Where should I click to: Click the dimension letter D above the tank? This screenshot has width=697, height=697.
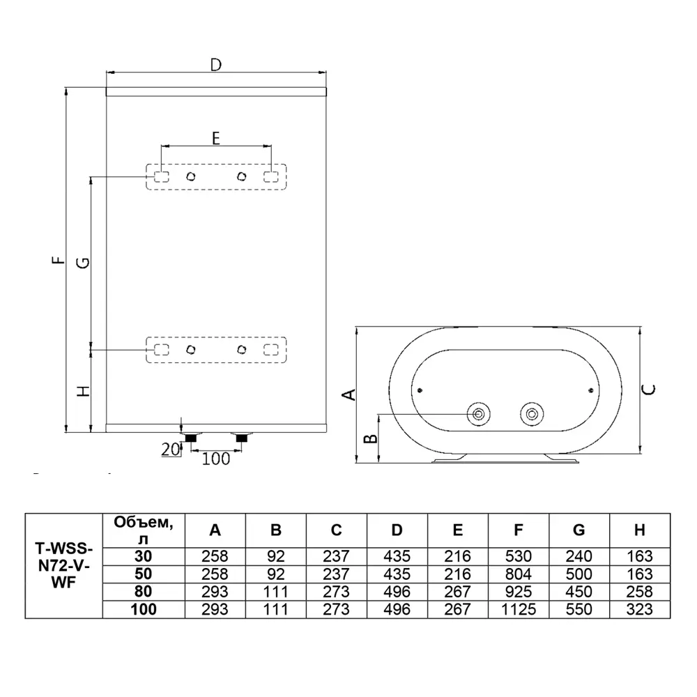pyautogui.click(x=215, y=65)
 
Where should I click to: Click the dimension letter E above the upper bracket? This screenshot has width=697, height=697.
pyautogui.click(x=216, y=138)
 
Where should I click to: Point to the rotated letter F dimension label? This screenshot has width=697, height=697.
pyautogui.click(x=59, y=260)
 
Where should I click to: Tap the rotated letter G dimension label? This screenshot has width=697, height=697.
pyautogui.click(x=83, y=263)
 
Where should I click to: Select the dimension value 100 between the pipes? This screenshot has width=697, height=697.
pyautogui.click(x=216, y=459)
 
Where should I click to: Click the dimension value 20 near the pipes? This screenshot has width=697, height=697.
pyautogui.click(x=170, y=450)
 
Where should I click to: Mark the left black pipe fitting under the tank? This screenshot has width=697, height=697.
pyautogui.click(x=191, y=438)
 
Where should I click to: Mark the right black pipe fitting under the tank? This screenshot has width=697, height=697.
pyautogui.click(x=242, y=438)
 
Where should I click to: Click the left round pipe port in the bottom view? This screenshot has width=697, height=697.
pyautogui.click(x=479, y=414)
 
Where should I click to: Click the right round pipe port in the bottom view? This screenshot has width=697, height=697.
pyautogui.click(x=532, y=414)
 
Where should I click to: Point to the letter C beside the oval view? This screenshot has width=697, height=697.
pyautogui.click(x=649, y=390)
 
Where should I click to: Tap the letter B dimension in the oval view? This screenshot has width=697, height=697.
pyautogui.click(x=370, y=438)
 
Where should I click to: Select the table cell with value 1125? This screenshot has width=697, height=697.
pyautogui.click(x=519, y=609)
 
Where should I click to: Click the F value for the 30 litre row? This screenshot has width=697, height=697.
pyautogui.click(x=519, y=556)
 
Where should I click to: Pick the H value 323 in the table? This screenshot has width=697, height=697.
pyautogui.click(x=640, y=609)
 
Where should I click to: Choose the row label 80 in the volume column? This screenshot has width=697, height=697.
pyautogui.click(x=144, y=592)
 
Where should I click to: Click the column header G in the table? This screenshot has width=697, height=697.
pyautogui.click(x=579, y=530)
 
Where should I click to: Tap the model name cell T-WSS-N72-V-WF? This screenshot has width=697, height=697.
pyautogui.click(x=63, y=566)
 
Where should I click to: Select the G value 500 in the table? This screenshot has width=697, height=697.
pyautogui.click(x=579, y=574)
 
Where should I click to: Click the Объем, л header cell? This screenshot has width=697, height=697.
pyautogui.click(x=144, y=530)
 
